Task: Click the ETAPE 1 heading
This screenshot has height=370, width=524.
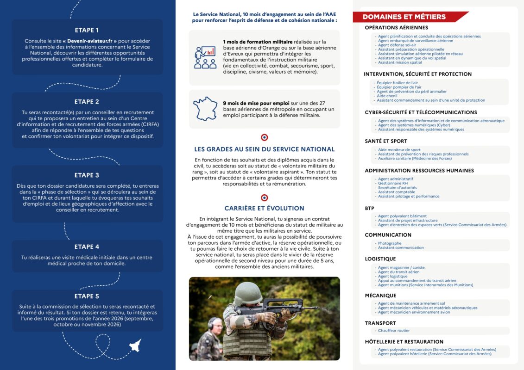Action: tap(87, 31)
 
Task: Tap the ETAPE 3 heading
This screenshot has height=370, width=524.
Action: tap(87, 175)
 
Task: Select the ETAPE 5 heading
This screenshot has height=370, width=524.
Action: tap(87, 296)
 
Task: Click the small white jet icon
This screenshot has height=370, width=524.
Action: tap(135, 345)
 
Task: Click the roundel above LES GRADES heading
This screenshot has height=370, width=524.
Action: tap(264, 137)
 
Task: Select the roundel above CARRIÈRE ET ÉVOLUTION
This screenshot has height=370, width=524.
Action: tap(264, 197)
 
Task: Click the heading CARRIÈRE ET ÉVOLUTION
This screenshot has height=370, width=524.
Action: tap(264, 208)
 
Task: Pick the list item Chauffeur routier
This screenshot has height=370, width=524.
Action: tap(393, 331)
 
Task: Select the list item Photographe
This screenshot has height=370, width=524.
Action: tap(390, 243)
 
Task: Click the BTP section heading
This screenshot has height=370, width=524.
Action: tap(370, 208)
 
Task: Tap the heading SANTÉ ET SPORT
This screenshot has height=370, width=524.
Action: tap(386, 141)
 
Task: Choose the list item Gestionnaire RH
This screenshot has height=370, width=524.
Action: tap(393, 183)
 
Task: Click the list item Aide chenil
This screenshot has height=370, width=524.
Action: tap(387, 96)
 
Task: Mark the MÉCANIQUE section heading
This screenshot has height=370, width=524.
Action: tap(380, 296)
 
